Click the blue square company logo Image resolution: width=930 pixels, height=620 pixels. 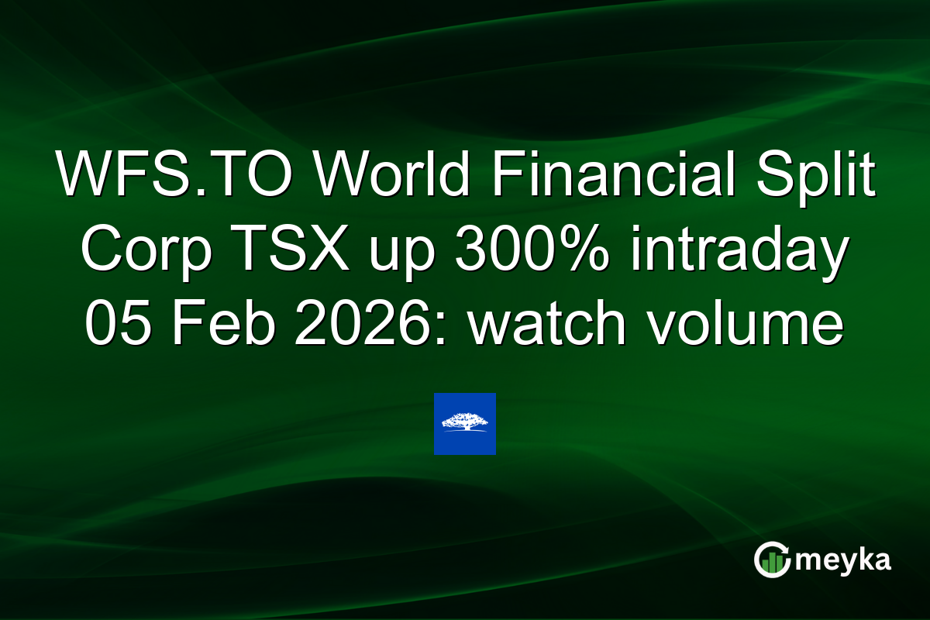464,424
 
